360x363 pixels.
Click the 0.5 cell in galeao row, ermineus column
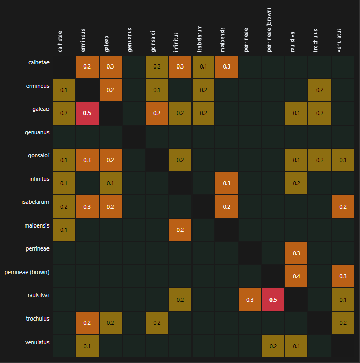click(87, 113)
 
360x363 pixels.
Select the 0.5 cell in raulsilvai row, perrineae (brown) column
click(273, 300)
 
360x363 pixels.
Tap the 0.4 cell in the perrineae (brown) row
click(296, 276)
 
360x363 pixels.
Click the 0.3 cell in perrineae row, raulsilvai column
click(296, 253)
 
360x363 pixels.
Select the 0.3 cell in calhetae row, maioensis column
click(226, 66)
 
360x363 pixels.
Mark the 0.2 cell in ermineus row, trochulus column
click(319, 90)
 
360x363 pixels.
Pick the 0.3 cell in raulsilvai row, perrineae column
click(250, 300)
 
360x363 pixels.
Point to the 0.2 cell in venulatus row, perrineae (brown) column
click(273, 346)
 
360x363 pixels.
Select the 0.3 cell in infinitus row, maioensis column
click(226, 183)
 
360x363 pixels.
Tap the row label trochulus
click(38, 319)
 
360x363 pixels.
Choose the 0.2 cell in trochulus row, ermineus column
click(87, 323)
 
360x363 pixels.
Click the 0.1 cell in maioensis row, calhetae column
click(64, 230)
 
